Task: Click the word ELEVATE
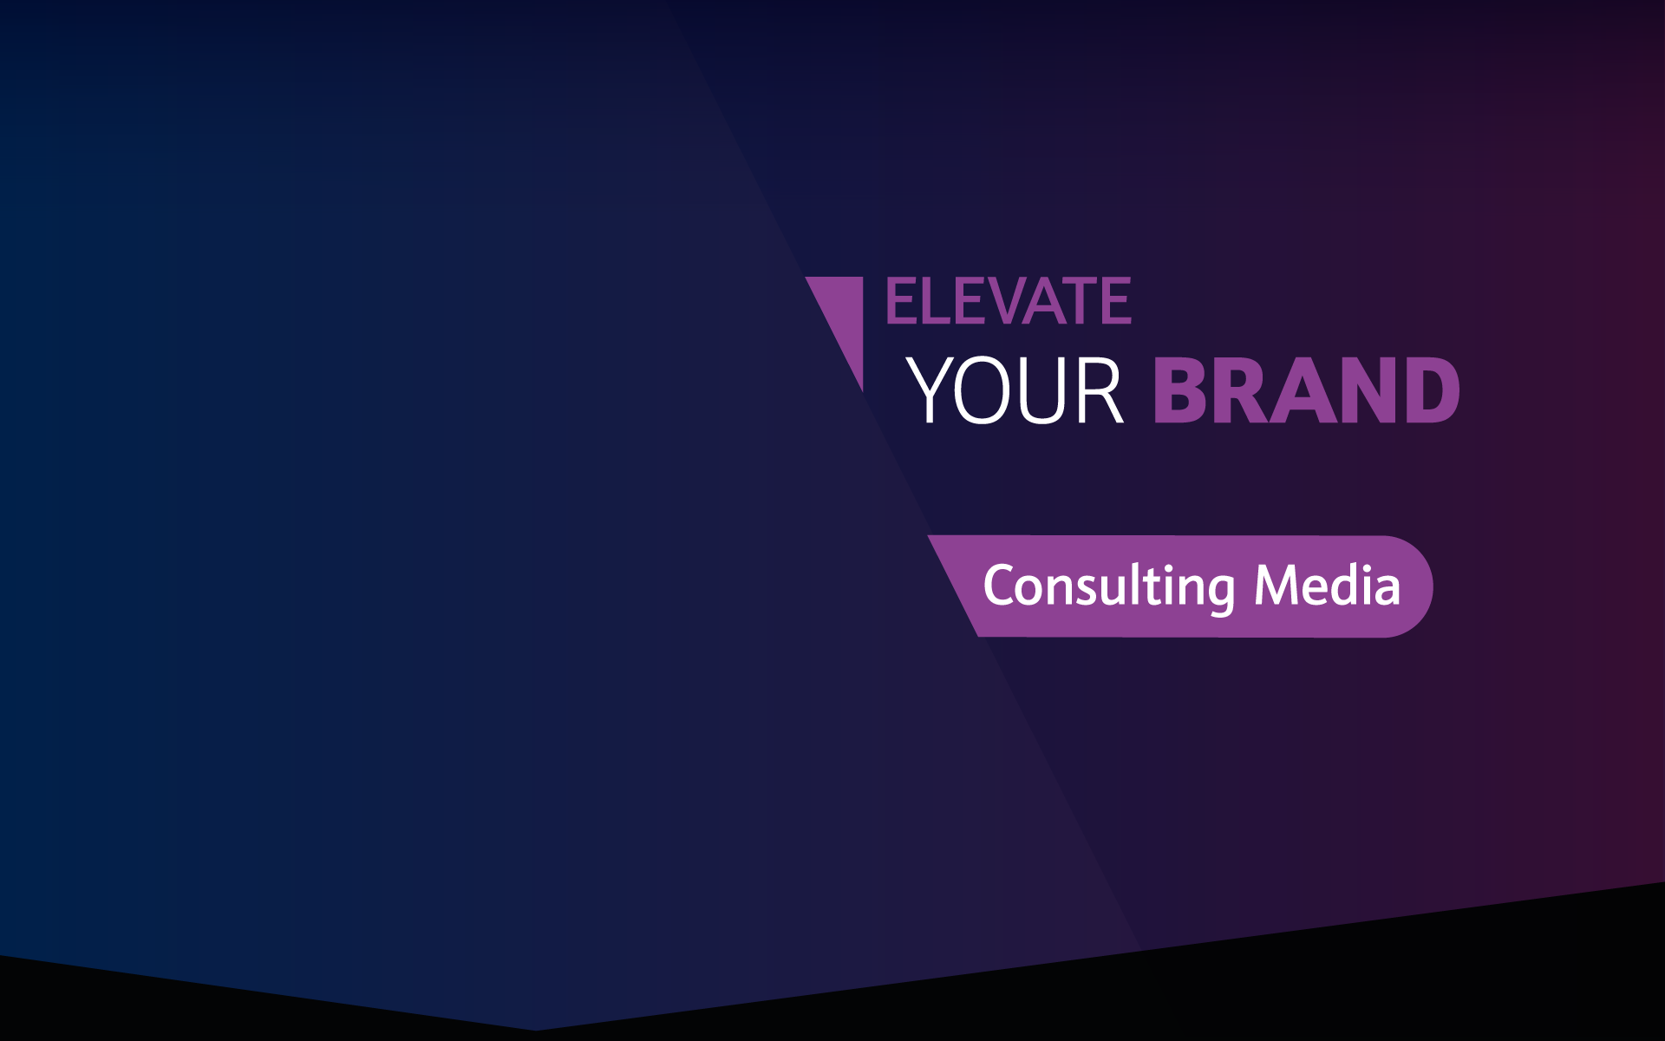(1009, 301)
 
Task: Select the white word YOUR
(1015, 390)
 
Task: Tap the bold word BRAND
(1307, 390)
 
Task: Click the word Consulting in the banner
(1109, 587)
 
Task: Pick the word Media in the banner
(1328, 585)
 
